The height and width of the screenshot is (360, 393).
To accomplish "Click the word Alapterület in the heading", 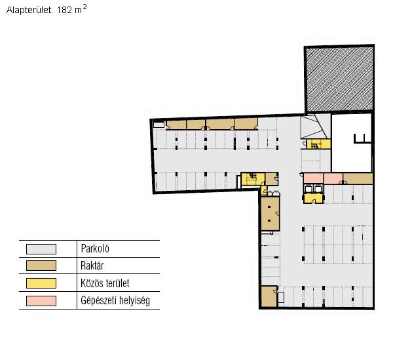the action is point(29,10).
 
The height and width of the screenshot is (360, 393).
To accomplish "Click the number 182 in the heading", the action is point(64,10).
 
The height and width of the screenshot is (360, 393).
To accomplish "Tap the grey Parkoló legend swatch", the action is point(41,249).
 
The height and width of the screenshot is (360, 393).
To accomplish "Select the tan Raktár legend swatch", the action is point(41,266).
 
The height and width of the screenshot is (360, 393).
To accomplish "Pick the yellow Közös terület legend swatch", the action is point(41,283).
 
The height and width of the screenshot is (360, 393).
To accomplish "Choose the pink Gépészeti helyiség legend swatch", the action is point(41,301).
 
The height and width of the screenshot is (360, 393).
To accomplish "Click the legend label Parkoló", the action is point(95,249).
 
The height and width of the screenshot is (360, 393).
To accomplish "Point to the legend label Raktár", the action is point(92,266).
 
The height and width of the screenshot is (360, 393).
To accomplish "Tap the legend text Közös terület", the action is point(105,283).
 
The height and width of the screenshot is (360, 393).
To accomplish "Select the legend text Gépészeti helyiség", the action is point(115,300).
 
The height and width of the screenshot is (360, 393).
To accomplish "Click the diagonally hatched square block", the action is point(339,79).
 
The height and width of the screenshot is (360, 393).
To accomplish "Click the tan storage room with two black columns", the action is point(270,214).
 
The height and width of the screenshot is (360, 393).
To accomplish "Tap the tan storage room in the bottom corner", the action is point(269,296).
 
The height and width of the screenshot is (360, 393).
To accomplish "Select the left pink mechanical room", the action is point(313,178).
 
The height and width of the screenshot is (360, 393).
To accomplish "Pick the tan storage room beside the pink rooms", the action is point(358,178).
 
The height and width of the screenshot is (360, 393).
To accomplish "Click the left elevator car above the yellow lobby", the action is point(309,189).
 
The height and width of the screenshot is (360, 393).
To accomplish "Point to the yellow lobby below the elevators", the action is point(313,199).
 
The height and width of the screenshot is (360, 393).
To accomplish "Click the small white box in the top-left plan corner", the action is point(159,125).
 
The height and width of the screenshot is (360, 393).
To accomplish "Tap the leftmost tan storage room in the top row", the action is point(176,125).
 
